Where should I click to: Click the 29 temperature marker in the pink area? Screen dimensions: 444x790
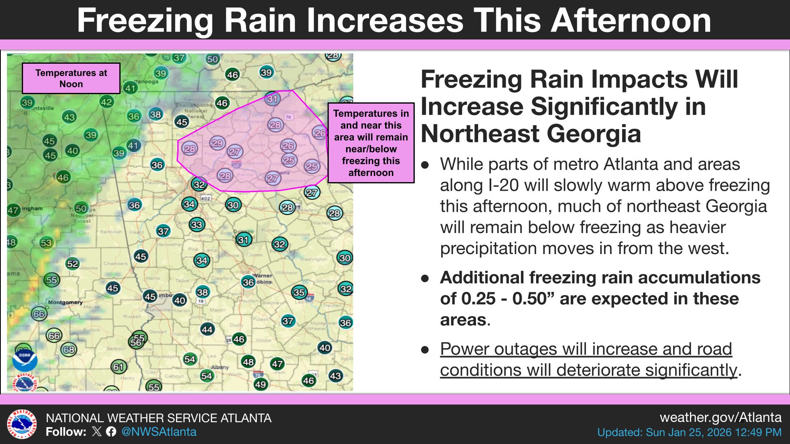[217, 143]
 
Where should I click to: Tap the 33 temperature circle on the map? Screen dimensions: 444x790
[197, 224]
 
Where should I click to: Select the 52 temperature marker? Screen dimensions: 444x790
[72, 264]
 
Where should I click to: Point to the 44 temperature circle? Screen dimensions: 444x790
[207, 329]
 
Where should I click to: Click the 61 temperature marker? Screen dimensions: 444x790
[118, 366]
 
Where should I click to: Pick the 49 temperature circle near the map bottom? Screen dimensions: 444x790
[260, 384]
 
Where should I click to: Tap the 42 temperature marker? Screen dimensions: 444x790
[107, 102]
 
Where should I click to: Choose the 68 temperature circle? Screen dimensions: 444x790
[69, 350]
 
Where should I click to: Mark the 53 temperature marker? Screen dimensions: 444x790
[46, 243]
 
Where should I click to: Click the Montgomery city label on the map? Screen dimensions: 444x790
[65, 303]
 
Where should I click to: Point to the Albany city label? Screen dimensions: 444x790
[220, 367]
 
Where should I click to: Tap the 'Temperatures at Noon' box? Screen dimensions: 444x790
[71, 79]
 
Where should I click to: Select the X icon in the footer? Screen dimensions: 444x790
[97, 432]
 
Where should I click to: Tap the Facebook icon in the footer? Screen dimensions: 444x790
[111, 432]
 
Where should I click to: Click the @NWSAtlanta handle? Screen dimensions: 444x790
[159, 432]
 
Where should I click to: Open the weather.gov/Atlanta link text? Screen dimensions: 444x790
[720, 418]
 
